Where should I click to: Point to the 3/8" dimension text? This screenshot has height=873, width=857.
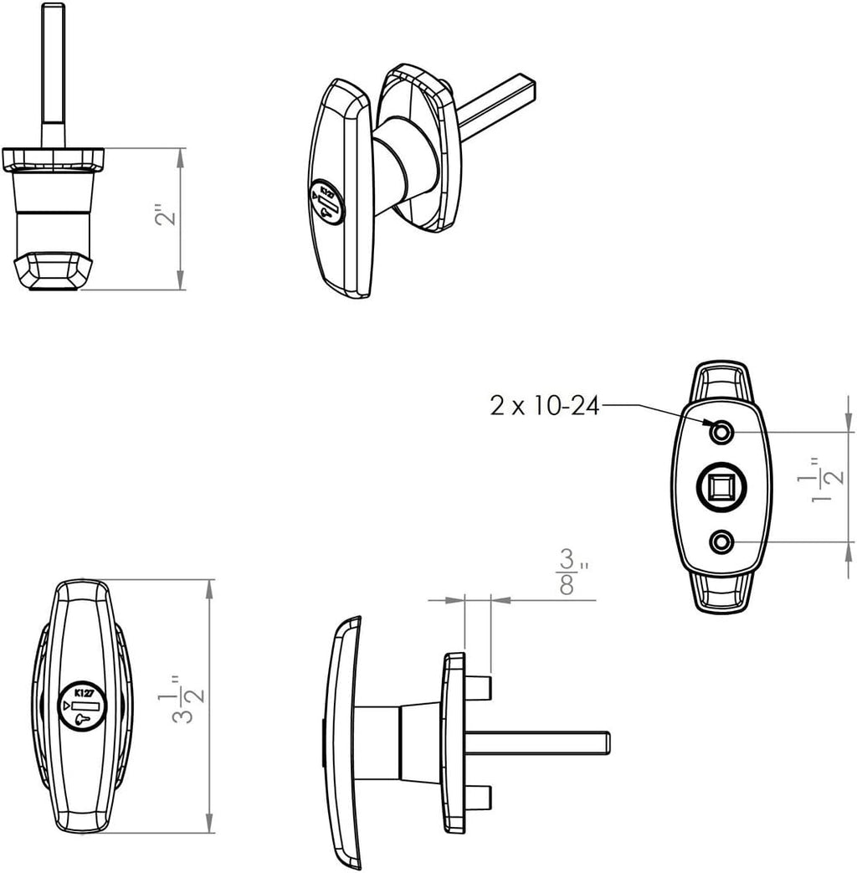(569, 573)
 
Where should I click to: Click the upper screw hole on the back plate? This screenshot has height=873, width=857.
(721, 433)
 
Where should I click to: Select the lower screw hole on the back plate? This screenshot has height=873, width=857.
(721, 542)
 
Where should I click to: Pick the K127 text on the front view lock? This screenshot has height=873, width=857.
(84, 692)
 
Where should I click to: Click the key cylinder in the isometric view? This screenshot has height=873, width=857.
(327, 202)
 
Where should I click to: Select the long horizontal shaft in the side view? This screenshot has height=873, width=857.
(536, 742)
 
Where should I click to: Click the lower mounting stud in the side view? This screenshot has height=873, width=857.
(478, 795)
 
